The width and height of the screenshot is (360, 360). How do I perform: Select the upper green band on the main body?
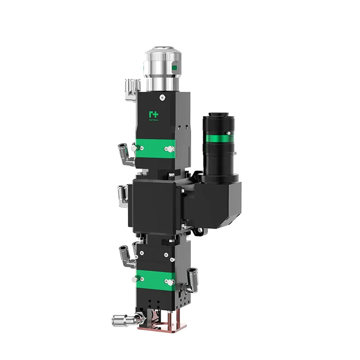click(155, 148)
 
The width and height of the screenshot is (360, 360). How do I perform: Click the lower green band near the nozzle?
click(155, 279)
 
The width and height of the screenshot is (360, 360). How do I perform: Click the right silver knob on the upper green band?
click(169, 148)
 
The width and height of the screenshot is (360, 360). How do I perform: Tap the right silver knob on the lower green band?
click(169, 282)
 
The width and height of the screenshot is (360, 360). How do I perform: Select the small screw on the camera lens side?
click(229, 133)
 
